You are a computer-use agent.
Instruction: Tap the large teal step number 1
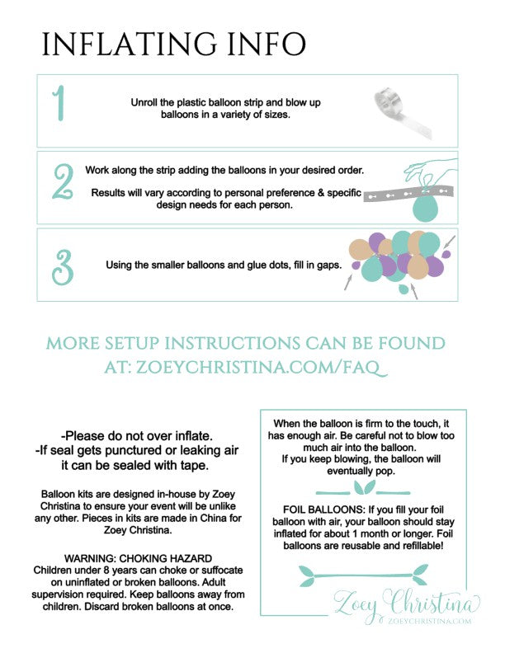click(x=59, y=103)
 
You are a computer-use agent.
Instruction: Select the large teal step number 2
click(x=64, y=181)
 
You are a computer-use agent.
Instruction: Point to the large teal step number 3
click(x=63, y=267)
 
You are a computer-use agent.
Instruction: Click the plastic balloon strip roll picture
click(x=402, y=112)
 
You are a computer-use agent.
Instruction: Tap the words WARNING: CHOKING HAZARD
click(x=138, y=558)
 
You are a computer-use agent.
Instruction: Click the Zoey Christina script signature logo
click(x=407, y=604)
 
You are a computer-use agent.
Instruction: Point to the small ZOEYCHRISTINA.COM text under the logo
click(x=430, y=622)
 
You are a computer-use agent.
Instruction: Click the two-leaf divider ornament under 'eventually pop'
click(x=363, y=488)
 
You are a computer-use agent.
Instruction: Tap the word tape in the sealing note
click(x=194, y=466)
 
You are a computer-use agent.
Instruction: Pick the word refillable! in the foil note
click(x=422, y=546)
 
